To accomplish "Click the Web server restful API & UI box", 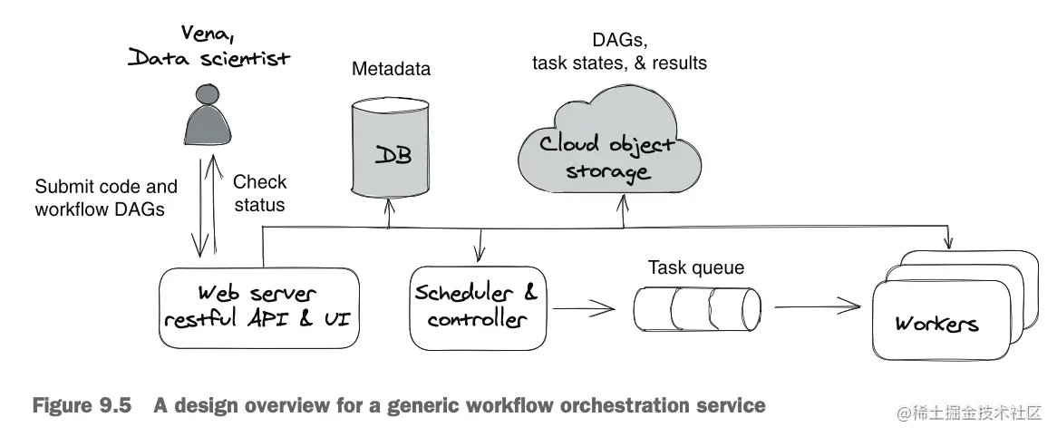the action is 259,307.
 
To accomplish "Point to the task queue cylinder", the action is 697,309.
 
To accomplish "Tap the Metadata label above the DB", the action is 391,69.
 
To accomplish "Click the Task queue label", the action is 696,267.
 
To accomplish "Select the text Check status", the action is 259,193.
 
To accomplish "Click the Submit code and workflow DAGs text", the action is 106,198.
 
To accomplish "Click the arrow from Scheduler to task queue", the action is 583,309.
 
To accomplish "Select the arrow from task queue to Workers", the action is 818,306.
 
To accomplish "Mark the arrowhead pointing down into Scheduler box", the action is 480,255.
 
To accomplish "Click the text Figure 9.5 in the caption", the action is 82,405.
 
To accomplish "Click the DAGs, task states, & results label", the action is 619,52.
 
